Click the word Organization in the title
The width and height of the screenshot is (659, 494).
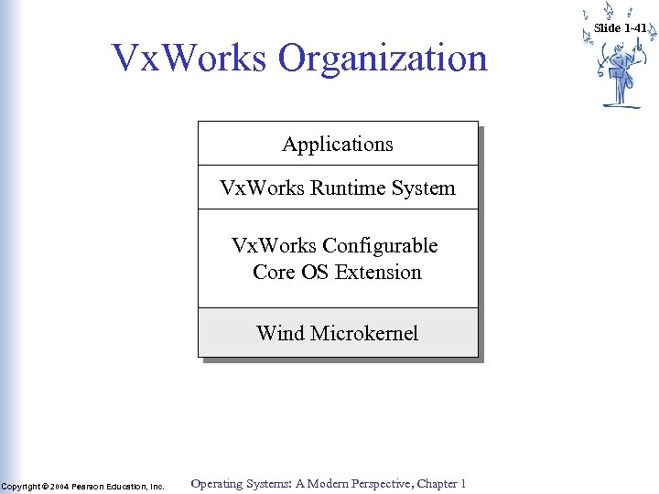[384, 59]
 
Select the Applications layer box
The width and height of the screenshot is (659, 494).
[338, 144]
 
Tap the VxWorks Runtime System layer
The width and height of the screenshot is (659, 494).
[338, 188]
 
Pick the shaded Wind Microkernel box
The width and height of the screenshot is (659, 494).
[338, 332]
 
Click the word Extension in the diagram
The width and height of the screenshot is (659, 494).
[378, 273]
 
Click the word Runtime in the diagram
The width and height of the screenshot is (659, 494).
[343, 188]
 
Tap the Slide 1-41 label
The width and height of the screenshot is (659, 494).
[620, 27]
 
